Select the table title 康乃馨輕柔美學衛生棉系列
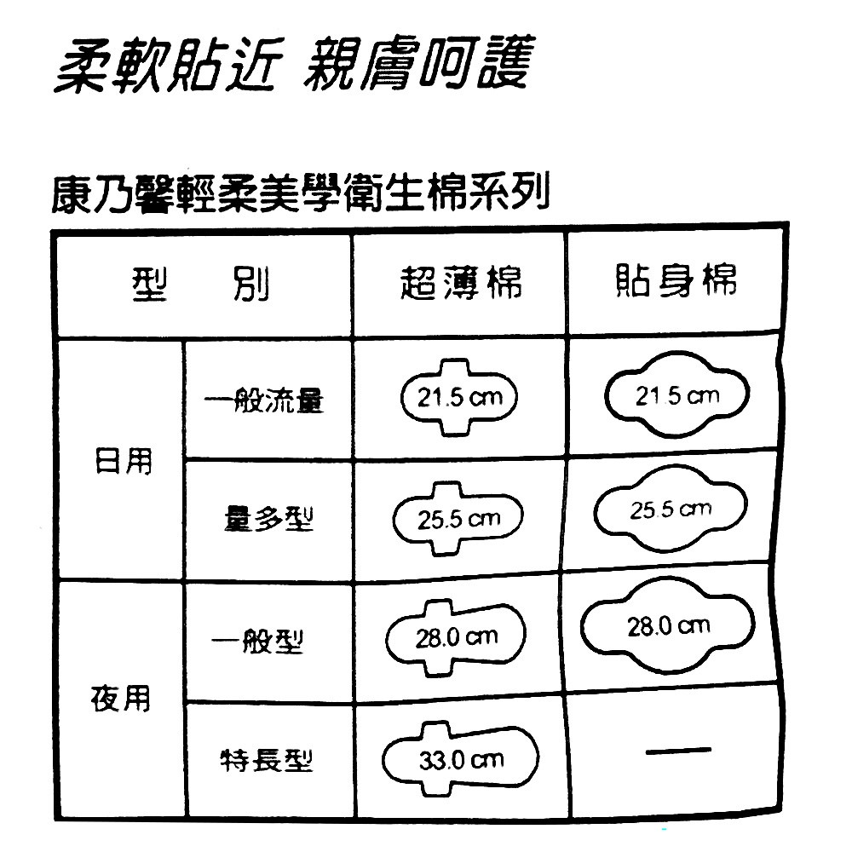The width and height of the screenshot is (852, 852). coord(297,196)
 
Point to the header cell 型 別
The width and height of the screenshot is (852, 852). coord(201,285)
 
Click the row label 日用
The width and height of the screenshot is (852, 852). coord(122,460)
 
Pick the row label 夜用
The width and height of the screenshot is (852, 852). coord(120,698)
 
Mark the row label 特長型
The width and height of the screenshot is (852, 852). coord(267,757)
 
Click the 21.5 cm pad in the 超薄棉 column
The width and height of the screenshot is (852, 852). coord(459,398)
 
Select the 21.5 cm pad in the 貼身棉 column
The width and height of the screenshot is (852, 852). coord(676,395)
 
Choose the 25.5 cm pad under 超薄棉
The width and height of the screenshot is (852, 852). coord(458,518)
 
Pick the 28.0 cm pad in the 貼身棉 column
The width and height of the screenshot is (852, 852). coord(669,626)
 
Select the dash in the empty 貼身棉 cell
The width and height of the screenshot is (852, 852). coord(678,750)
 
